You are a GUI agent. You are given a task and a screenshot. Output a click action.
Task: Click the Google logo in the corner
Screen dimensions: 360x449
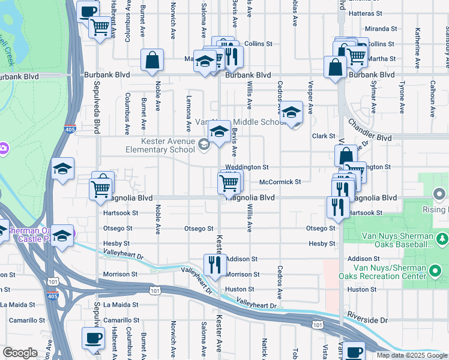click(x=20, y=353)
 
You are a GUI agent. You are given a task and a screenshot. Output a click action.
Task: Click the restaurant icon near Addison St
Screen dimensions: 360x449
click(x=213, y=264)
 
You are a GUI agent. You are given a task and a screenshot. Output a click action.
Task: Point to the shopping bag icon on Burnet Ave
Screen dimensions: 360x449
click(x=152, y=60)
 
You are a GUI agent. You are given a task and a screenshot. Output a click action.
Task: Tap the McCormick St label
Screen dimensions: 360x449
click(x=279, y=182)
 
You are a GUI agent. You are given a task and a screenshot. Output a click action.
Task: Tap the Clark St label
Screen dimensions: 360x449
click(x=322, y=136)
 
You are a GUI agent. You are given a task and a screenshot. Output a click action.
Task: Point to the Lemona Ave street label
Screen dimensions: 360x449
click(x=188, y=106)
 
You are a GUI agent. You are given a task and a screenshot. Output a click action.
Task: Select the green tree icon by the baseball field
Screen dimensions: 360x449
click(x=442, y=239)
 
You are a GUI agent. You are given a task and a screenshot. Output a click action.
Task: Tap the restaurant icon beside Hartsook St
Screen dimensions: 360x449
click(x=338, y=207)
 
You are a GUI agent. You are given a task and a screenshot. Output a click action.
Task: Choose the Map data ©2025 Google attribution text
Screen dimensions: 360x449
click(x=412, y=355)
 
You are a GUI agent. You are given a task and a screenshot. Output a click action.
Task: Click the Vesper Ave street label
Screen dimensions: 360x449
click(x=310, y=98)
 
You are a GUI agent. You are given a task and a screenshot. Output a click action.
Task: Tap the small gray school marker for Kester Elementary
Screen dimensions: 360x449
click(x=205, y=143)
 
